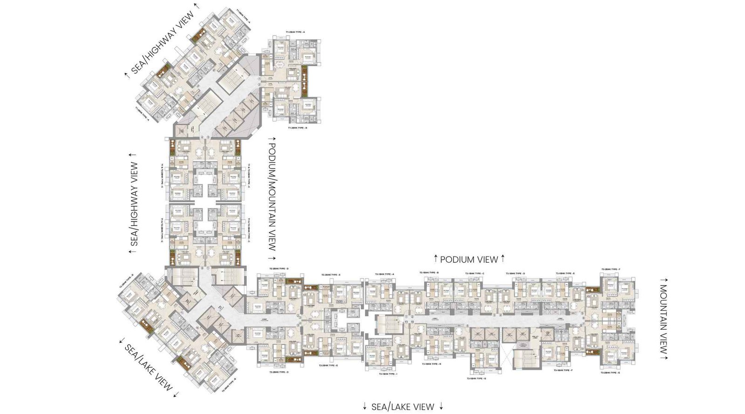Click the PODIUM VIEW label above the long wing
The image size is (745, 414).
click(x=469, y=259)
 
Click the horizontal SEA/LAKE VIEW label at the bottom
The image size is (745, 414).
click(x=403, y=407)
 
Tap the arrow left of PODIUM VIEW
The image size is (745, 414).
click(x=436, y=258)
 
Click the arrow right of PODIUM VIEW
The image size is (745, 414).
click(x=503, y=258)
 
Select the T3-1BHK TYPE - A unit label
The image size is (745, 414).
click(x=385, y=274)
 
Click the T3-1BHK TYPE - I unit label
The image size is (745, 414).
click(x=387, y=374)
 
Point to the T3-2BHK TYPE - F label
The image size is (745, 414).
click(x=610, y=269)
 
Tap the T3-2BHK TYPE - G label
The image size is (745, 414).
click(x=610, y=373)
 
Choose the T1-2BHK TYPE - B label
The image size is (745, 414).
click(x=298, y=127)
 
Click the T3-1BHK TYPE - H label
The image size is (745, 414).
click(x=431, y=364)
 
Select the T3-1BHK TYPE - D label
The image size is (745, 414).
click(x=515, y=273)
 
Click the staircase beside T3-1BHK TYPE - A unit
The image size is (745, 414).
click(x=385, y=325)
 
